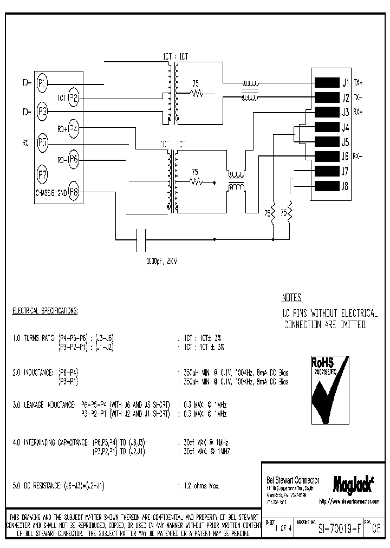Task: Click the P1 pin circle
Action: pyautogui.click(x=42, y=83)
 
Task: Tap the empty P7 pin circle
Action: pyautogui.click(x=42, y=174)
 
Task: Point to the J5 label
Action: pyautogui.click(x=345, y=142)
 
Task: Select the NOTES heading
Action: pyautogui.click(x=291, y=298)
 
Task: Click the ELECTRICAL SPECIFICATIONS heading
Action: pyautogui.click(x=45, y=311)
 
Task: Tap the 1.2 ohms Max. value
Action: pyautogui.click(x=199, y=486)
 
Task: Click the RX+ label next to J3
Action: pyautogui.click(x=358, y=113)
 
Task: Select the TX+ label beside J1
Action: pyautogui.click(x=358, y=83)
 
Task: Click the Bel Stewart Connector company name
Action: pyautogui.click(x=293, y=480)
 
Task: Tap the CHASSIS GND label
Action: pyautogui.click(x=50, y=192)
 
